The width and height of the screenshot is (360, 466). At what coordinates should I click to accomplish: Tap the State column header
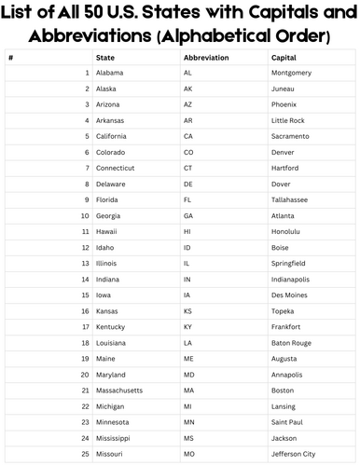(x=105, y=57)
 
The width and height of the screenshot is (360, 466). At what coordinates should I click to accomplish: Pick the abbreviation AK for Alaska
(x=188, y=89)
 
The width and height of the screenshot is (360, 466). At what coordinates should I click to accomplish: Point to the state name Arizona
(x=110, y=104)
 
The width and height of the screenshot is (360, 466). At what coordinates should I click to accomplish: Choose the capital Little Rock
(x=287, y=120)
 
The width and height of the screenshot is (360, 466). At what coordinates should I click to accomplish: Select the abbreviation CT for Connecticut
(x=188, y=168)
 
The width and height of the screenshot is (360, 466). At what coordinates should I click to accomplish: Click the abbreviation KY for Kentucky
(x=188, y=326)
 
